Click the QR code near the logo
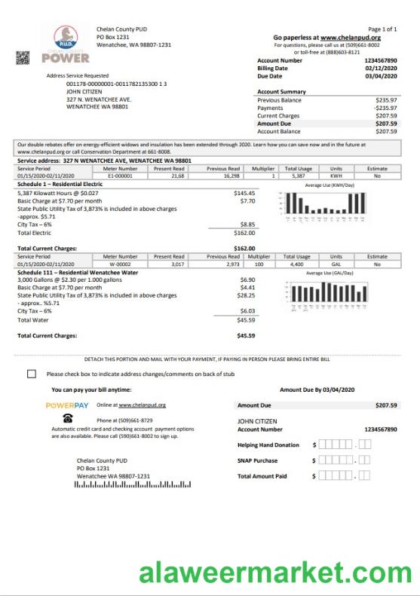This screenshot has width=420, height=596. pos(23,57)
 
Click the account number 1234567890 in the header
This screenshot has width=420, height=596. pos(380,60)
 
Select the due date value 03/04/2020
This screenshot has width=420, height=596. pos(381,76)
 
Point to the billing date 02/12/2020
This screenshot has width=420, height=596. pos(381,69)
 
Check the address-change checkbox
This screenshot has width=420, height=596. pos(31,374)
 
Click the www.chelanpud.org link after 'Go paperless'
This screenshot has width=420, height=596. pos(351,37)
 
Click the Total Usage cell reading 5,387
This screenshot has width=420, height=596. pos(298,176)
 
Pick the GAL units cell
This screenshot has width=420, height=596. pos(336,264)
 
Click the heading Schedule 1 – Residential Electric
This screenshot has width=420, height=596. pos(60,184)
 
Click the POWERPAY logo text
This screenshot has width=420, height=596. pos(68,405)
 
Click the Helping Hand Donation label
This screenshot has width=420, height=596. pos(268,445)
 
